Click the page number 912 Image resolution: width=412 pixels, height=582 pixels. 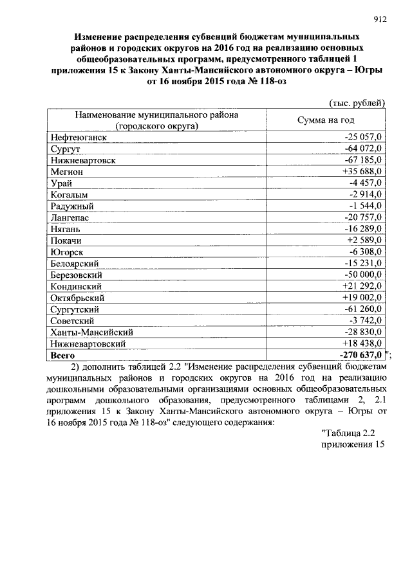click(379, 19)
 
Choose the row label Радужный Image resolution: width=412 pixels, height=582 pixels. click(72, 206)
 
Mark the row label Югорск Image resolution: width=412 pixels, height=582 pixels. click(66, 252)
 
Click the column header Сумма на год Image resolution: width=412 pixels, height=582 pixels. click(326, 120)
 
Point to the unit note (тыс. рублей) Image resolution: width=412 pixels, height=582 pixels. click(357, 102)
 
